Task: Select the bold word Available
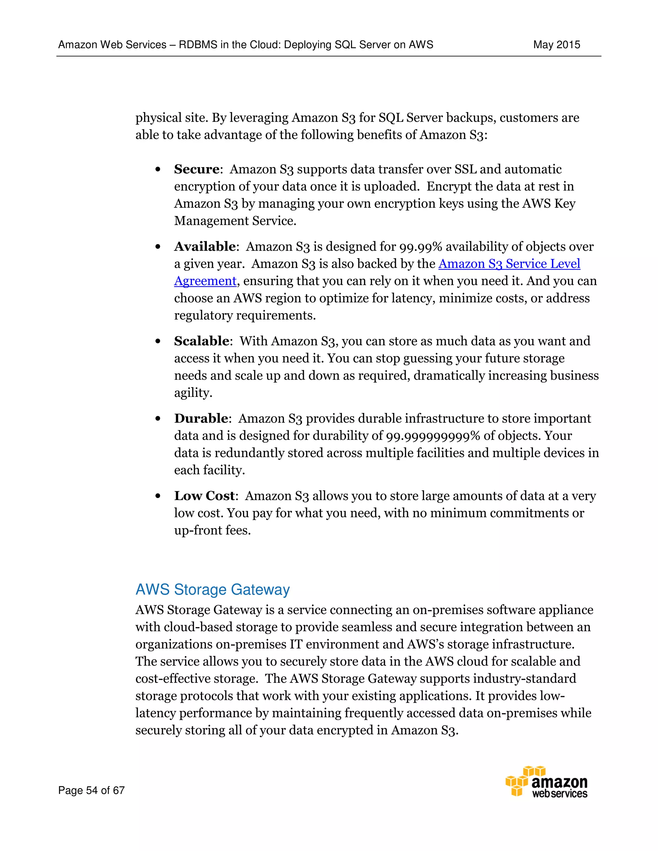point(205,247)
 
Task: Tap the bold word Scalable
point(201,341)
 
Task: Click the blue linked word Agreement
point(205,281)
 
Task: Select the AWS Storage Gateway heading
point(212,590)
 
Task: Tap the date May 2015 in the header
point(556,45)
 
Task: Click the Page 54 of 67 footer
point(91,790)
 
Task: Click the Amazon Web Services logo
point(547,782)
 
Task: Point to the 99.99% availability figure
point(421,247)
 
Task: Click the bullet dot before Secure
point(157,170)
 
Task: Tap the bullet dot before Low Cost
point(157,496)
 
